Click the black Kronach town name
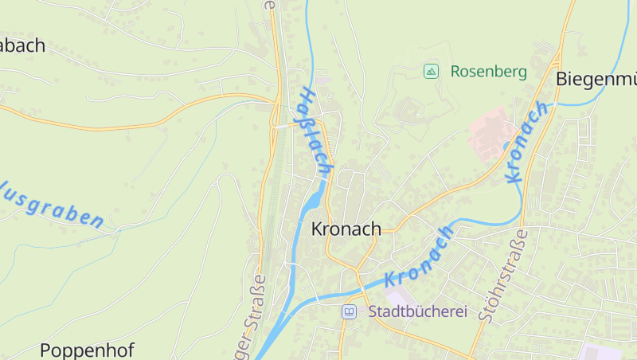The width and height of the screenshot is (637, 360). click(x=346, y=229)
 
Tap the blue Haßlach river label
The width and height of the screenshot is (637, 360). click(x=314, y=131)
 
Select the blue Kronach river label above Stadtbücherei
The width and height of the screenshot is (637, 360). click(x=420, y=256)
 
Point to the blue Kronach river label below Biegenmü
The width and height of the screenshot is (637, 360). click(x=527, y=142)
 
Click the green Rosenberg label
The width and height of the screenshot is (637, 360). click(x=488, y=72)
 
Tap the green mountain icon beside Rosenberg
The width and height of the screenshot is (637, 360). click(x=431, y=72)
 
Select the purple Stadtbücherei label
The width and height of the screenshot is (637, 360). click(x=417, y=311)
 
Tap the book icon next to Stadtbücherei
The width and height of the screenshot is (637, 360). click(x=349, y=311)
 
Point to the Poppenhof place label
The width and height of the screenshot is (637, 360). click(x=87, y=350)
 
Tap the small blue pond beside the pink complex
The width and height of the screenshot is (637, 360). click(x=506, y=145)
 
